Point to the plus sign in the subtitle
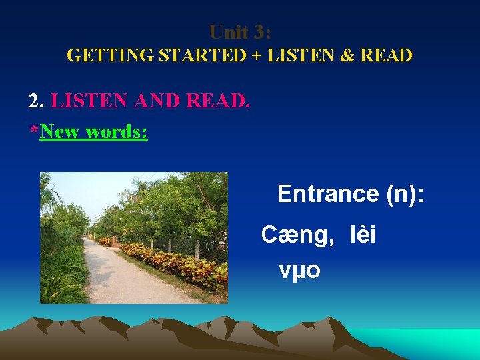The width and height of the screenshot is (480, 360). tap(257, 55)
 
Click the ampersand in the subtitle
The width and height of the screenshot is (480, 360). tap(347, 55)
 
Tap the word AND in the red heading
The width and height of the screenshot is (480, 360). tap(158, 101)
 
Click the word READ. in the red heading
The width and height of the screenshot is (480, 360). tap(218, 101)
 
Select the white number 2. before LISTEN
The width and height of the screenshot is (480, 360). tap(37, 101)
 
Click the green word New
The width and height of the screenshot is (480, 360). tap(60, 131)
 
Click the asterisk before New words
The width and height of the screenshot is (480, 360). tap(34, 130)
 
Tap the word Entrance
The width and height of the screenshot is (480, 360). tap(328, 194)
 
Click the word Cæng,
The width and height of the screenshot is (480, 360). tap(297, 235)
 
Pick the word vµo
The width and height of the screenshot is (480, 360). tap(300, 270)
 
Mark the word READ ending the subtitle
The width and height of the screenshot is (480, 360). tap(386, 55)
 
